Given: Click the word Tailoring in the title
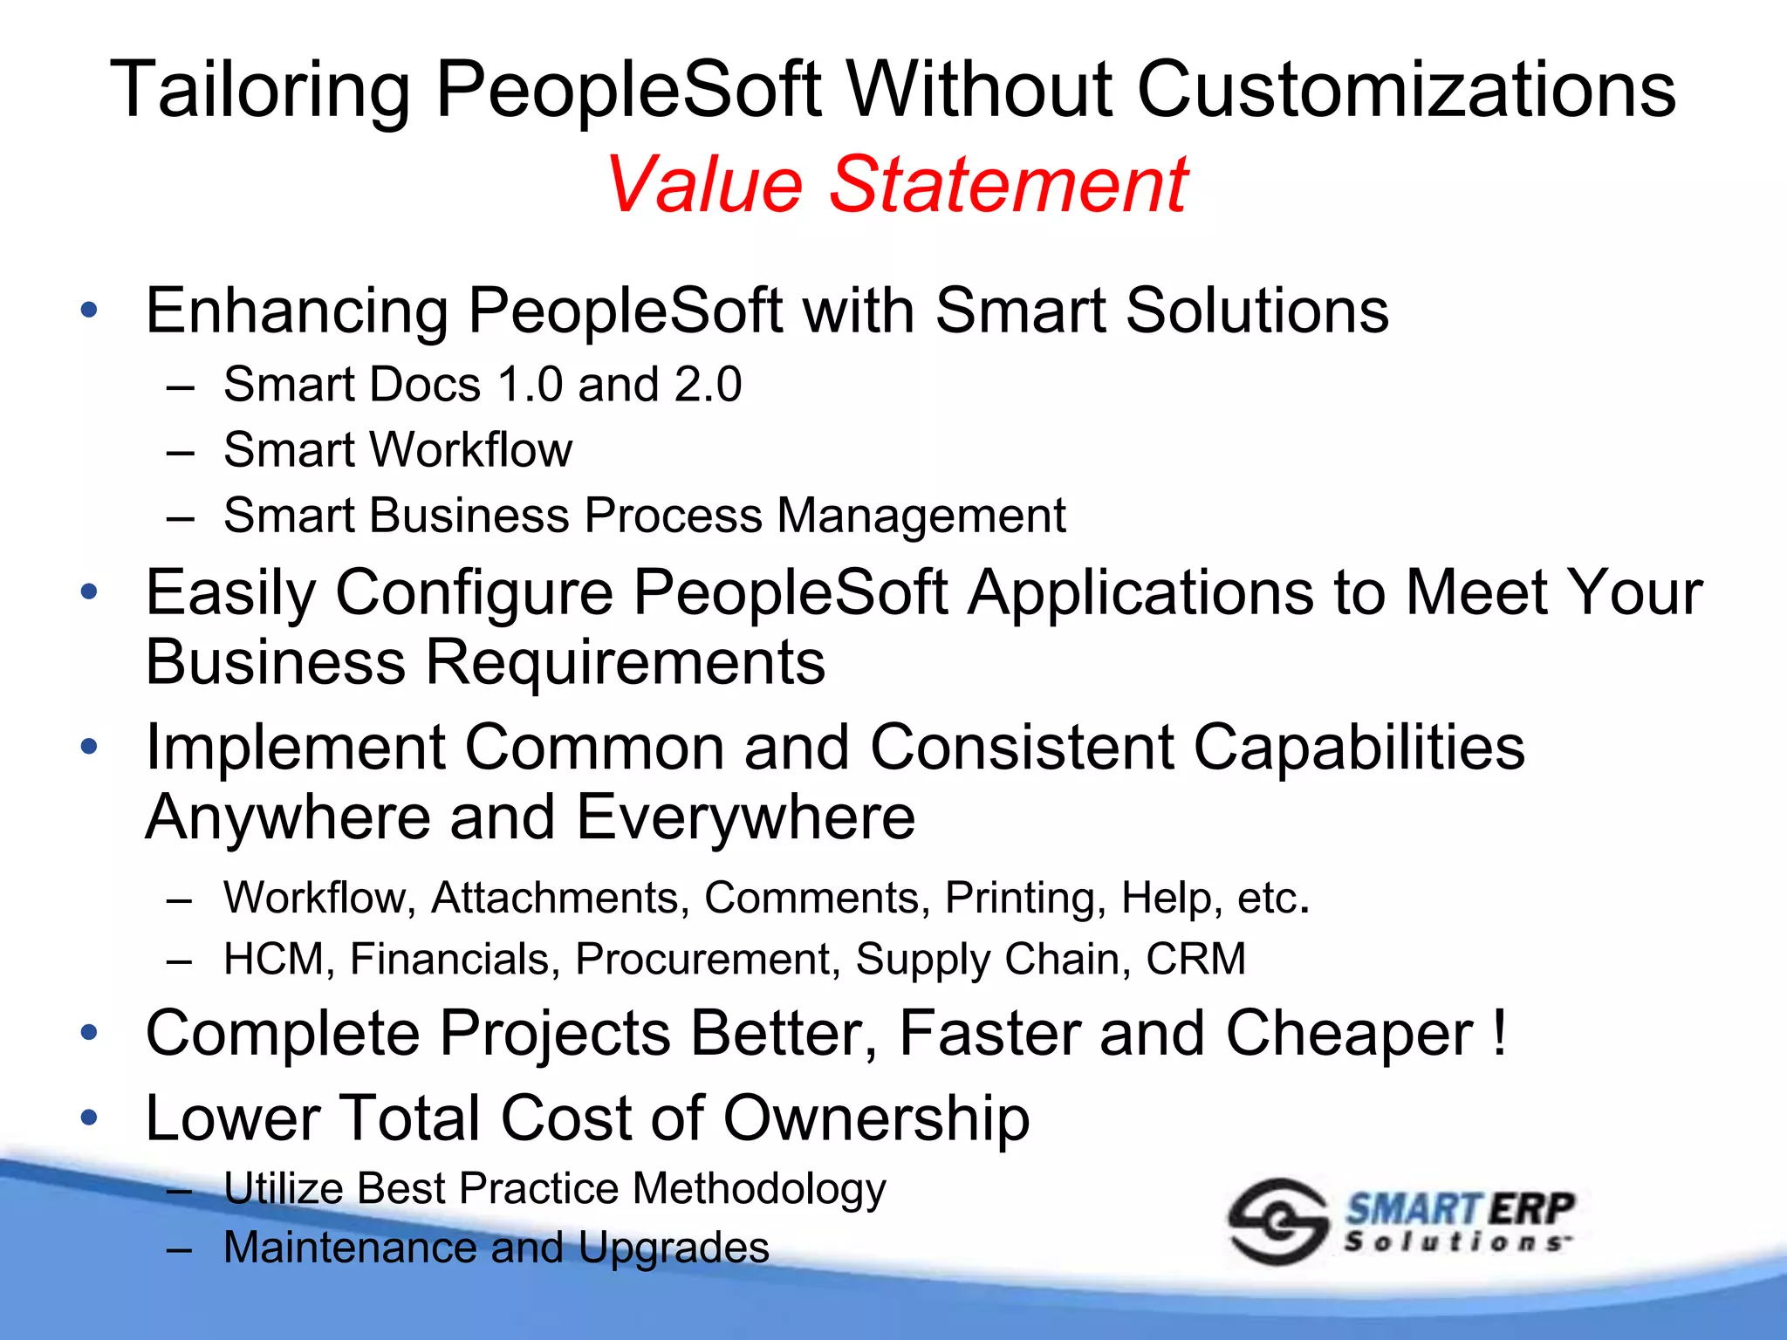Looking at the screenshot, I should pyautogui.click(x=260, y=90).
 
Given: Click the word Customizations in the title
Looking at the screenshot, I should pyautogui.click(x=1406, y=90).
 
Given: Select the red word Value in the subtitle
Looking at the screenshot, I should pyautogui.click(x=703, y=184).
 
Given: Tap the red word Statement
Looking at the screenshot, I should pyautogui.click(x=1008, y=184).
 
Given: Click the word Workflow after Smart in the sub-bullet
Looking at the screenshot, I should pyautogui.click(x=471, y=450).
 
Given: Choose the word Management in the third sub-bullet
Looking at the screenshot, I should pyautogui.click(x=921, y=516).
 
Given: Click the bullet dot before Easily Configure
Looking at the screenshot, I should pyautogui.click(x=89, y=592).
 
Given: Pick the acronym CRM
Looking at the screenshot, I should pyautogui.click(x=1195, y=959).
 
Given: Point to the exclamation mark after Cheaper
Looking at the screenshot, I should pyautogui.click(x=1499, y=1032).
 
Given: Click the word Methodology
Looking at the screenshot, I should pyautogui.click(x=759, y=1189).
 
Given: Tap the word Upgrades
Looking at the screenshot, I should pyautogui.click(x=674, y=1248).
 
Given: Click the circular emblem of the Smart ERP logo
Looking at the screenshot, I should pyautogui.click(x=1277, y=1221).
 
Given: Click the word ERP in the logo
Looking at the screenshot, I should pyautogui.click(x=1531, y=1209).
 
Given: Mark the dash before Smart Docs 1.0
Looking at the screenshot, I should pyautogui.click(x=180, y=386).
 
